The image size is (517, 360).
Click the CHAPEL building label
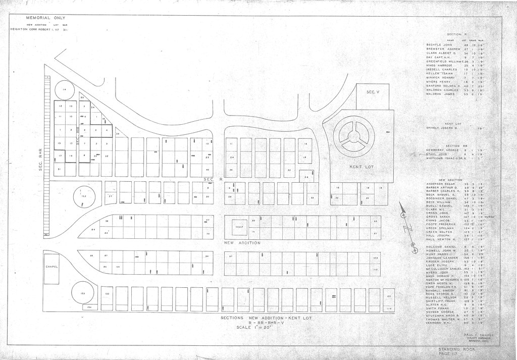pyautogui.click(x=52, y=267)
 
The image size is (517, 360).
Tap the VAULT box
pyautogui.click(x=239, y=227)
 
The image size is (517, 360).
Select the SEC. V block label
pyautogui.click(x=372, y=92)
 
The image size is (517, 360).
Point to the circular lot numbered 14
pyautogui.click(x=64, y=90)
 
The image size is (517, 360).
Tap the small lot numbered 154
pyautogui.click(x=89, y=307)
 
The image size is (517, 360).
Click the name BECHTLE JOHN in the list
pyautogui.click(x=439, y=44)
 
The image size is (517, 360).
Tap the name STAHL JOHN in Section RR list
pyautogui.click(x=437, y=154)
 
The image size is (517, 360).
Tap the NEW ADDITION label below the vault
pyautogui.click(x=242, y=243)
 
